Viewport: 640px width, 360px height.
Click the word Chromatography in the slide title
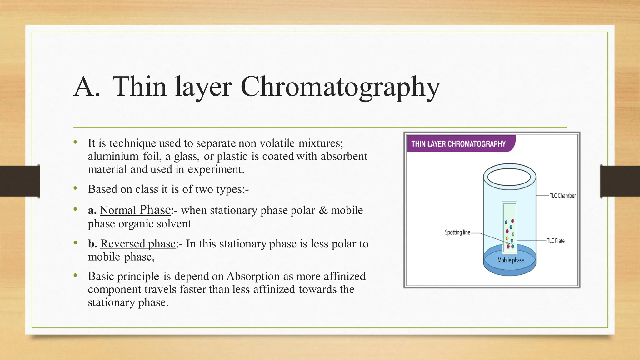pos(340,87)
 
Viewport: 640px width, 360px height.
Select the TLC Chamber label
pos(562,196)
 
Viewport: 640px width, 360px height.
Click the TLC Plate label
pos(556,241)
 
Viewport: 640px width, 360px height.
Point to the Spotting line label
pos(457,232)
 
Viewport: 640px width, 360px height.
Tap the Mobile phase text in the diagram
pos(510,260)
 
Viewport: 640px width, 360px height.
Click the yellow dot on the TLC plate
pos(507,238)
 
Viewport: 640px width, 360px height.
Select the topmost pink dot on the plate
pos(512,221)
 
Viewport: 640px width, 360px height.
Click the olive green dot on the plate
pos(513,234)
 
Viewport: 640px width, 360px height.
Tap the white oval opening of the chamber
pos(509,177)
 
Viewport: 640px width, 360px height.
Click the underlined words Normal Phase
pos(135,210)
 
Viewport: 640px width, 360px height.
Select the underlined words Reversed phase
pos(138,244)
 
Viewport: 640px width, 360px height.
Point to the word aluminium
pos(113,156)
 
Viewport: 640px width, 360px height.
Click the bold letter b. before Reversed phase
pos(92,244)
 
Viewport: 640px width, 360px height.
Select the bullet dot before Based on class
pos(75,188)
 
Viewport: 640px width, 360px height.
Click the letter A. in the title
pos(87,87)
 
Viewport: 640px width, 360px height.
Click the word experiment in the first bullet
pos(216,169)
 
